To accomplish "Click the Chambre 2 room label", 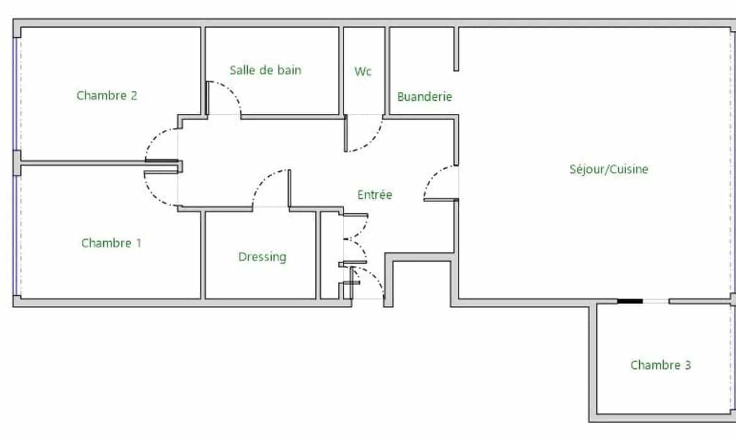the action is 106,95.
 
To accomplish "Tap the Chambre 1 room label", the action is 111,243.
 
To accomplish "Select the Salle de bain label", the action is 265,70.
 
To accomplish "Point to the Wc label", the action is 363,71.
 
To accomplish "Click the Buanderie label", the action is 425,96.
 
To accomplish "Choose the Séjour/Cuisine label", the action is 609,169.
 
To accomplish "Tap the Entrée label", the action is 374,194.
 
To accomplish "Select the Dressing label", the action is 262,257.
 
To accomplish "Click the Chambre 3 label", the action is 661,365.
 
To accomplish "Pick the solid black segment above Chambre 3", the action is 630,301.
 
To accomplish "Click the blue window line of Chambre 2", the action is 16,94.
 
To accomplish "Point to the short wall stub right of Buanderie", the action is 456,49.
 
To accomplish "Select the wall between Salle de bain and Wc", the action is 341,71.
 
